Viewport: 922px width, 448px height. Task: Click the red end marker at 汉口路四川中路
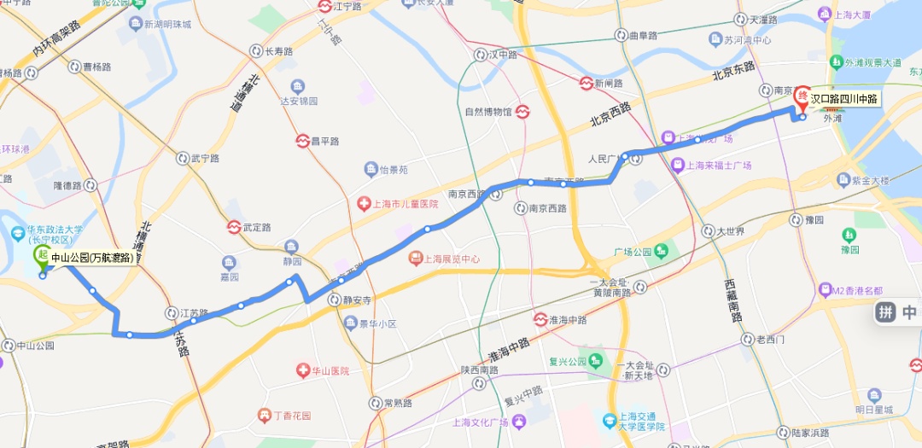[x=802, y=96]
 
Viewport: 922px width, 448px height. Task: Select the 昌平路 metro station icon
[x=302, y=141]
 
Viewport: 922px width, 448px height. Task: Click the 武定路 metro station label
[x=256, y=228]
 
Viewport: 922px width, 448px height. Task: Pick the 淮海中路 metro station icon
[x=540, y=319]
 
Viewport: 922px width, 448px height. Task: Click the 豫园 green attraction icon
[x=849, y=235]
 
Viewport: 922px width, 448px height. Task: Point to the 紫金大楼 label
[x=870, y=181]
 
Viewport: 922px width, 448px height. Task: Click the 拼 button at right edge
[x=885, y=312]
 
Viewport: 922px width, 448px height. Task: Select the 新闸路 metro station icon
[x=586, y=84]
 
